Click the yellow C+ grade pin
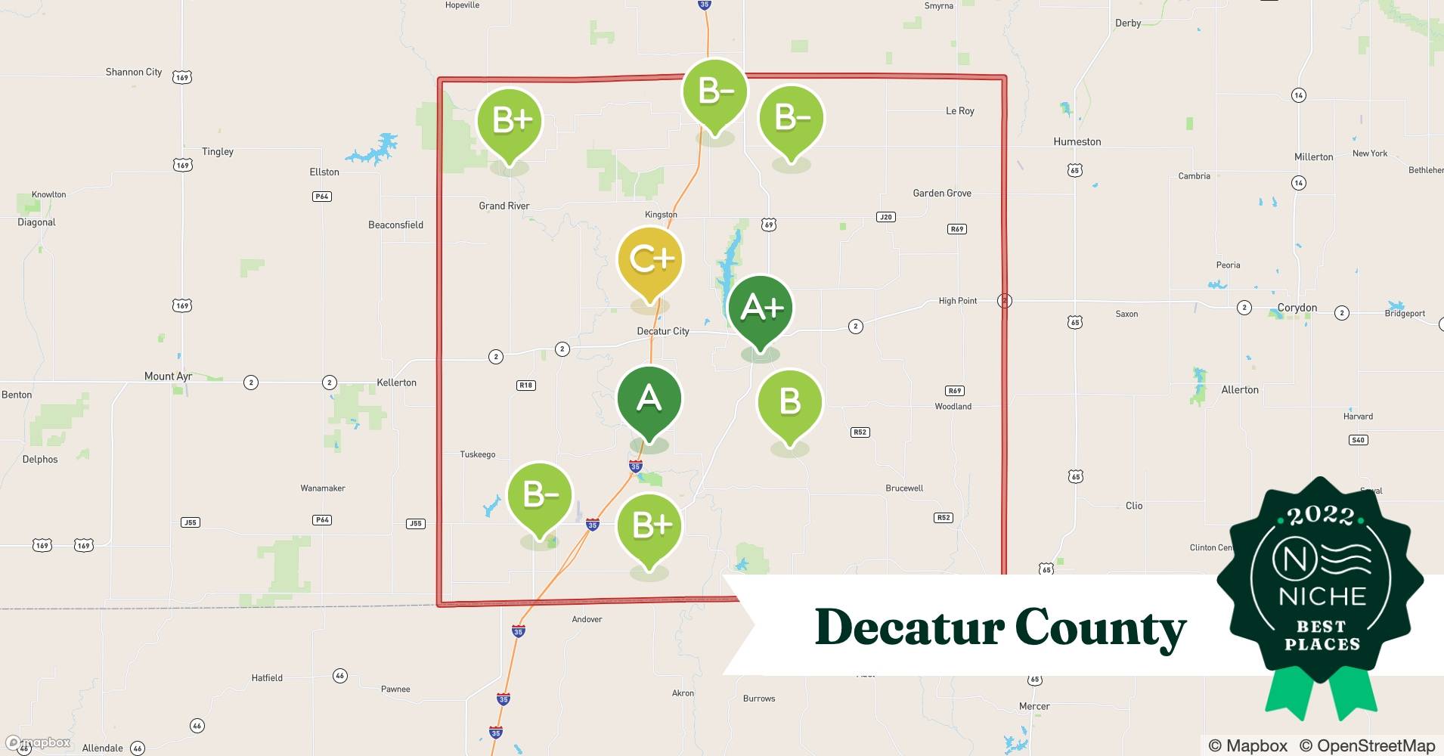pos(650,261)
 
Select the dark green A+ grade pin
pos(760,308)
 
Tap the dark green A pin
pos(649,399)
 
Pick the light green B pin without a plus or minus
pos(789,401)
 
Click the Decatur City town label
pos(663,331)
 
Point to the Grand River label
pos(504,206)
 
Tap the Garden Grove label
pos(942,193)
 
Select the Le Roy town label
pos(960,111)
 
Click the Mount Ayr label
pos(168,376)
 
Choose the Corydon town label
pos(1297,308)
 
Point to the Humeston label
pos(1077,141)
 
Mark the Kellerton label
pos(397,383)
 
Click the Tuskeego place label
pos(478,454)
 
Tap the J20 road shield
pos(886,217)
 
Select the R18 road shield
pos(525,385)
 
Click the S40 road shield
pos(1359,440)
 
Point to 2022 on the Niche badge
pos(1321,516)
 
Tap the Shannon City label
pos(134,73)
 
